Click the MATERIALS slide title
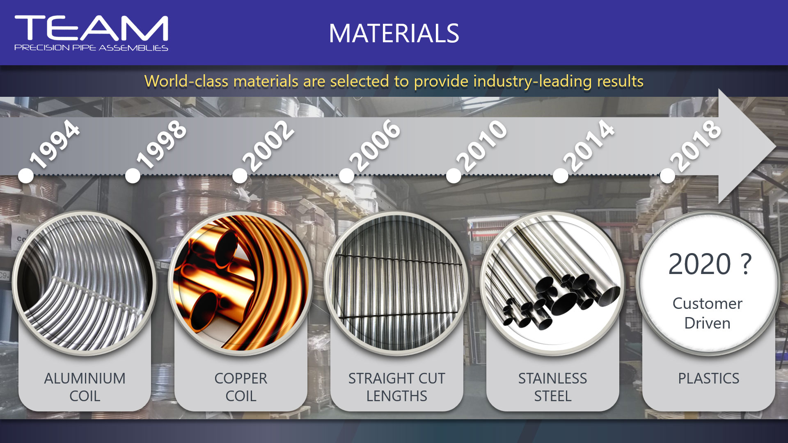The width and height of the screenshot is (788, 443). pos(394,33)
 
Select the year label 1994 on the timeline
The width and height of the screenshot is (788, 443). pos(55,144)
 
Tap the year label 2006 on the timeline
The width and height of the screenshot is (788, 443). pos(375,145)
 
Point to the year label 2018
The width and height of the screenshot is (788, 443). pos(696,146)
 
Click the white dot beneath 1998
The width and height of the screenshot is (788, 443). pos(133,176)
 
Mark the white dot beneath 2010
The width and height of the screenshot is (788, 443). pos(454,176)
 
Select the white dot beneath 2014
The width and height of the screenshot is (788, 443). pos(561,176)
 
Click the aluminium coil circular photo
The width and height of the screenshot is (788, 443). pos(85,283)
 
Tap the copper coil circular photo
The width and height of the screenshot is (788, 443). pos(241,283)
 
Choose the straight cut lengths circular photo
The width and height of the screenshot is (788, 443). pos(396,283)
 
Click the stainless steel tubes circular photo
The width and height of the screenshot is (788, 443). pos(552,283)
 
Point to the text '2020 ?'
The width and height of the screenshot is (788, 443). pos(710,264)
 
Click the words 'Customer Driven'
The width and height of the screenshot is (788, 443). pos(708,313)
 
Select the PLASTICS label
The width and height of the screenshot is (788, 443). pos(709,378)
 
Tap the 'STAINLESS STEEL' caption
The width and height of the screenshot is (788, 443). pos(552,387)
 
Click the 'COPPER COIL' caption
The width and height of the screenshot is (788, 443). pos(241,387)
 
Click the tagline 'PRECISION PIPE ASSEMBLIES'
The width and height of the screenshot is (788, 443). pos(91,48)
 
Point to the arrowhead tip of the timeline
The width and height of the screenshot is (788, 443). pos(775,146)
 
